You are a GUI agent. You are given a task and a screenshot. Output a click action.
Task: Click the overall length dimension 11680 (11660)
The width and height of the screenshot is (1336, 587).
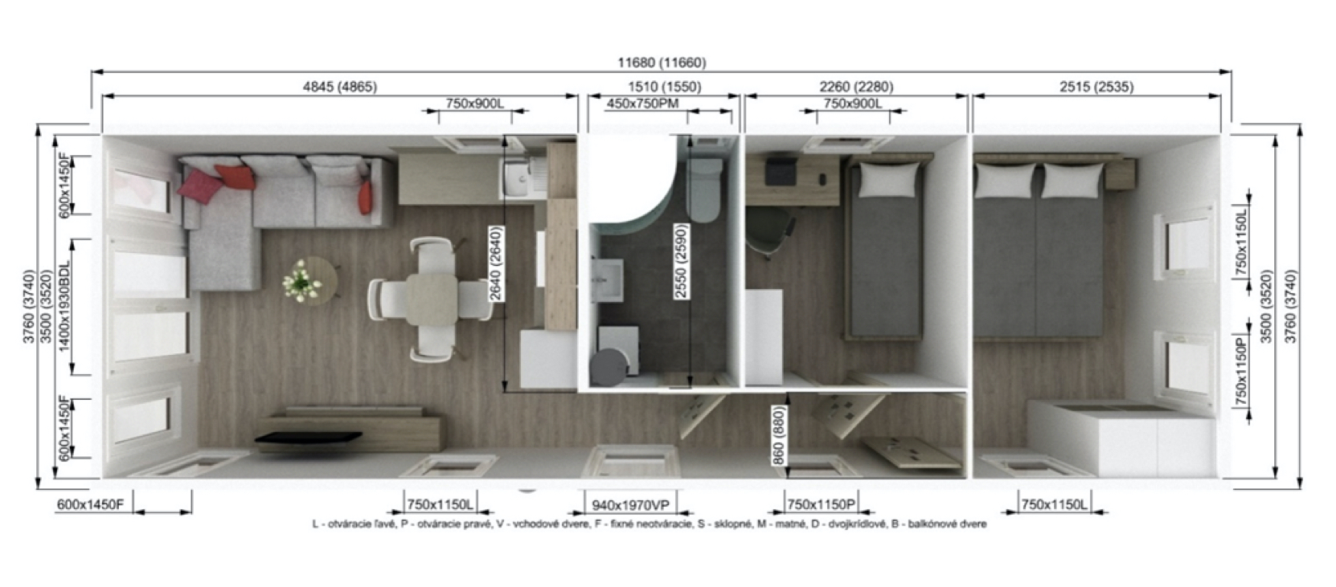coord(662,63)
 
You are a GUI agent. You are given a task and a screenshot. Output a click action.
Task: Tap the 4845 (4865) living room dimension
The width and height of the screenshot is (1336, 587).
coord(340,87)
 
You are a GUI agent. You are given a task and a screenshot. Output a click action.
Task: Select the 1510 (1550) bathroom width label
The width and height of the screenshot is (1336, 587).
coord(665,87)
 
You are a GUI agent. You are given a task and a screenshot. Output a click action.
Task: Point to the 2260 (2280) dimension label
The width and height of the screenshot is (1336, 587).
coord(856,87)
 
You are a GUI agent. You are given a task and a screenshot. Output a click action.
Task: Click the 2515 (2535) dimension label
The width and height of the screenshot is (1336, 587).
coord(1096,87)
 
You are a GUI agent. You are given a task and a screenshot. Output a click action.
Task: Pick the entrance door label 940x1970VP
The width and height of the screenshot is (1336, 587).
coord(630,505)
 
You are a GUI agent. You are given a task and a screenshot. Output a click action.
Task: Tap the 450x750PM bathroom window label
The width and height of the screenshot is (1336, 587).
coord(642,104)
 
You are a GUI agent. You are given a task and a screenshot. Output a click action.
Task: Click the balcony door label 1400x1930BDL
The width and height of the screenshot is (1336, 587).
coord(64,306)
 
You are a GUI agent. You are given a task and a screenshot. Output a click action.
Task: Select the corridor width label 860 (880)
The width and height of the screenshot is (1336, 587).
coord(778,435)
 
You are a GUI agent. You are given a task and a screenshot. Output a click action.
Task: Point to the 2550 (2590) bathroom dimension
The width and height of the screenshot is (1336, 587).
coord(681,261)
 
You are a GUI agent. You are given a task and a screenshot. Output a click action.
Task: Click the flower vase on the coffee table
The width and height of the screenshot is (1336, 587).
coord(301,281)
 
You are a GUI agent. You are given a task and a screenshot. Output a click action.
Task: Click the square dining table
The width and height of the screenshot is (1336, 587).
coord(432,300)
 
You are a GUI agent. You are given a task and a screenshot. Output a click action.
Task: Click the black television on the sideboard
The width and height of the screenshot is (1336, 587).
coord(308,438)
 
